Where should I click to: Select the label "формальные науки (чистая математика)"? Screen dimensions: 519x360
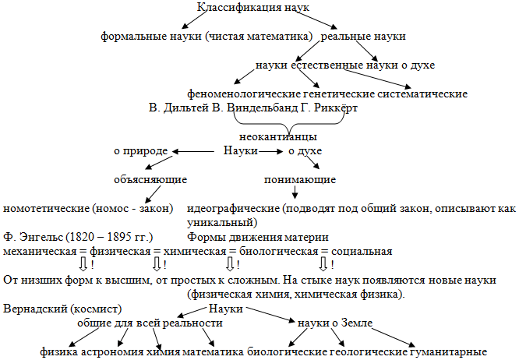click(x=207, y=37)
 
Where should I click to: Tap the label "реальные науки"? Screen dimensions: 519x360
click(x=363, y=37)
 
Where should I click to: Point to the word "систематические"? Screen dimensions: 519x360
click(x=425, y=94)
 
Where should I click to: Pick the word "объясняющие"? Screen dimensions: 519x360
click(x=150, y=180)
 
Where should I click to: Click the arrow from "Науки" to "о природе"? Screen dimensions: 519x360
click(x=196, y=150)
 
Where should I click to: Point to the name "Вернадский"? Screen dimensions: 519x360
click(x=36, y=309)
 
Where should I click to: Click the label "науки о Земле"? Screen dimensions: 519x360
click(x=335, y=323)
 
